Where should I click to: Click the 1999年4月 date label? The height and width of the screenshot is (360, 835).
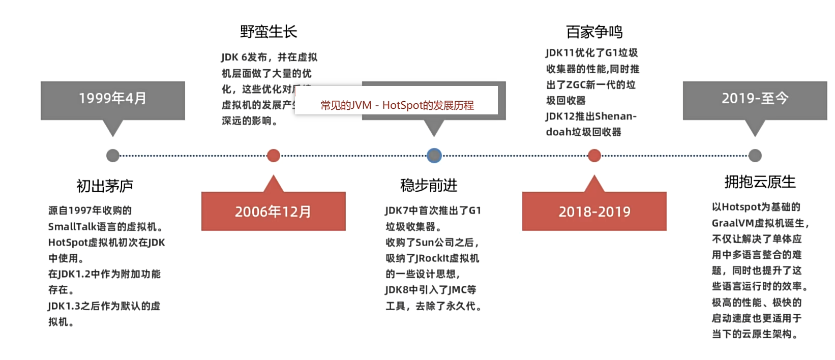tap(112, 98)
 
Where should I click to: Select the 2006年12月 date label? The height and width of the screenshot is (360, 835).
tap(273, 212)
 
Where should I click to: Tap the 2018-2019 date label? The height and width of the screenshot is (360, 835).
tap(594, 212)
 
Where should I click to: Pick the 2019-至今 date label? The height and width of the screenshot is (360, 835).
tap(755, 98)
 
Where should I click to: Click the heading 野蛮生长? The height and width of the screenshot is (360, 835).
tap(269, 32)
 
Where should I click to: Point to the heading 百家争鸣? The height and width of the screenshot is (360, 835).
tap(594, 32)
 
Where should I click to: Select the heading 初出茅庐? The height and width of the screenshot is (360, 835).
tap(105, 186)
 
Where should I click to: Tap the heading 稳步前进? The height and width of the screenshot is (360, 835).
tap(429, 186)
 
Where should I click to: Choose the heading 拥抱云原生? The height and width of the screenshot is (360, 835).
tap(760, 182)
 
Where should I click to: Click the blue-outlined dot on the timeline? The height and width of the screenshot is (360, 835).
tap(434, 156)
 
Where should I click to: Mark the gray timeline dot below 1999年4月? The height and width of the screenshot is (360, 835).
tap(113, 156)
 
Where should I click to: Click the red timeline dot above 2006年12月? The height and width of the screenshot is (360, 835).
tap(274, 156)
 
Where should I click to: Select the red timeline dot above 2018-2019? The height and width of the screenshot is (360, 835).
tap(594, 156)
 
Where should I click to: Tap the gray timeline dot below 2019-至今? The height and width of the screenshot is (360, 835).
tap(755, 156)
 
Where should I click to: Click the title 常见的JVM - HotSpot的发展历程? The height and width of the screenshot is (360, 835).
tap(397, 105)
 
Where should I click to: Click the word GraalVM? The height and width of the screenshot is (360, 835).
tap(733, 223)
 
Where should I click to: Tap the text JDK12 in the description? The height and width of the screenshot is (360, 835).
tap(560, 116)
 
